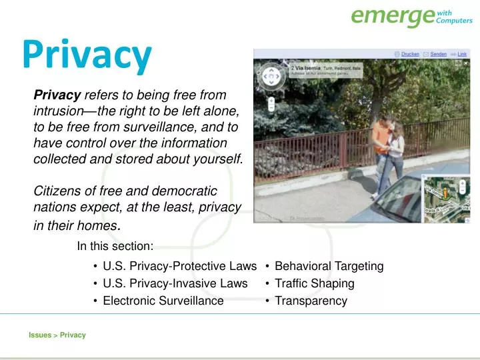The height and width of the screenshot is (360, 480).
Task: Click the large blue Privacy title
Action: point(87,56)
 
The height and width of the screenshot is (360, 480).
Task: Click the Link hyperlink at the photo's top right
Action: point(463,54)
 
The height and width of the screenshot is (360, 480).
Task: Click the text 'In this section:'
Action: point(115,246)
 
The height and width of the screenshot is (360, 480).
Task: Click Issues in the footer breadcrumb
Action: point(39,335)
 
